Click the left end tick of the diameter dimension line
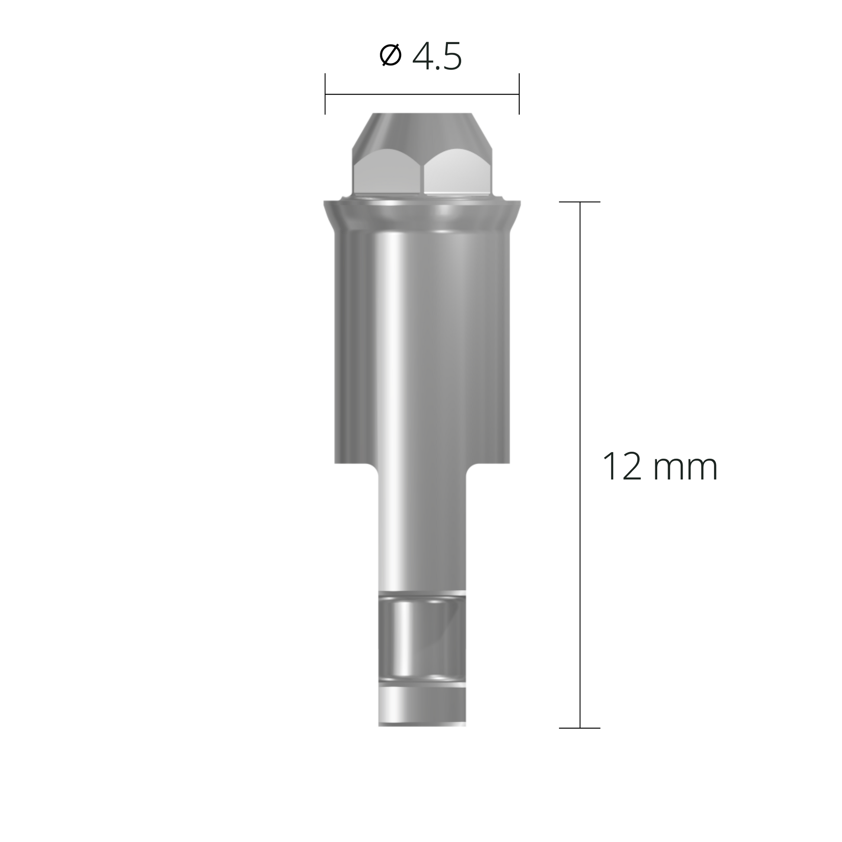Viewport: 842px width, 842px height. coord(325,94)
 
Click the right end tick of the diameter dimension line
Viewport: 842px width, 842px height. coord(519,94)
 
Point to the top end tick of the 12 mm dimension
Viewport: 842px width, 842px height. coord(580,202)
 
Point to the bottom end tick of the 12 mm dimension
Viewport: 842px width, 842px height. coord(580,728)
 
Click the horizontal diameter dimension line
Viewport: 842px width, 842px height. coord(422,94)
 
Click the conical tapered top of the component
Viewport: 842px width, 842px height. coord(422,129)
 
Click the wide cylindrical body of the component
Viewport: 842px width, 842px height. coord(422,349)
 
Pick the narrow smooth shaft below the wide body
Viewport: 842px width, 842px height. coord(422,532)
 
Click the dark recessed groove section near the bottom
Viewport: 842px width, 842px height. coord(422,639)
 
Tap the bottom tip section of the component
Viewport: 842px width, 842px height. coord(422,710)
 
